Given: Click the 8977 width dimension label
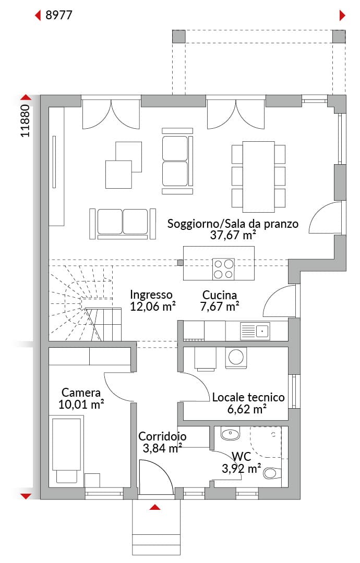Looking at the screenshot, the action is pyautogui.click(x=59, y=15).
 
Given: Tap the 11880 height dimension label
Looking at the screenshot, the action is pyautogui.click(x=25, y=120).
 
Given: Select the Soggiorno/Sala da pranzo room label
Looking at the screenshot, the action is pyautogui.click(x=233, y=224).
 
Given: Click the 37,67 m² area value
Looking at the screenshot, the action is pyautogui.click(x=233, y=236).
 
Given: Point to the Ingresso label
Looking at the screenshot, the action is pyautogui.click(x=151, y=295).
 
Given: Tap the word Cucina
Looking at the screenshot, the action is pyautogui.click(x=220, y=295).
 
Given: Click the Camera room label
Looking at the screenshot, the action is pyautogui.click(x=81, y=393).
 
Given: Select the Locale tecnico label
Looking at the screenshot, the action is pyautogui.click(x=248, y=397).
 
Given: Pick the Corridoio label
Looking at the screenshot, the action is pyautogui.click(x=162, y=436).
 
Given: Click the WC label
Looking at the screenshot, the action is pyautogui.click(x=242, y=457).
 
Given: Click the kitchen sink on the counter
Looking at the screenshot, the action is pyautogui.click(x=255, y=331).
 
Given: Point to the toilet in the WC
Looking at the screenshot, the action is pyautogui.click(x=272, y=472).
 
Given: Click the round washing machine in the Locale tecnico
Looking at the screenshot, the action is pyautogui.click(x=236, y=358).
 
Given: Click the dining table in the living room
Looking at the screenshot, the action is pyautogui.click(x=258, y=177).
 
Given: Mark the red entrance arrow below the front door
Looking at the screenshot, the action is pyautogui.click(x=155, y=507).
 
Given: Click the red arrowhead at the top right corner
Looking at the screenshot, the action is pyautogui.click(x=342, y=16).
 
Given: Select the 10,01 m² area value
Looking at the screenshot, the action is pyautogui.click(x=81, y=405).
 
